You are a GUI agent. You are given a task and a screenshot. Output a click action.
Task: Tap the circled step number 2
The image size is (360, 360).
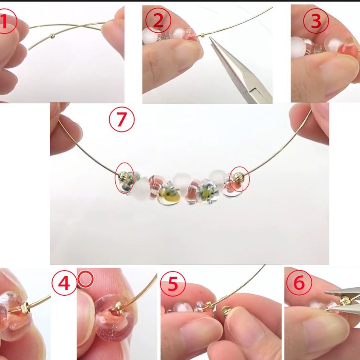pos(158,20)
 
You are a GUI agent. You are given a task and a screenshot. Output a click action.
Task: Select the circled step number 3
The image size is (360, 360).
pos(316,21)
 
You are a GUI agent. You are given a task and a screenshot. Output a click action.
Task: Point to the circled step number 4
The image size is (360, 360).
pos(64,283)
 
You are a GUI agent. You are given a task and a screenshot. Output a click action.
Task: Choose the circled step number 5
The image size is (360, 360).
pos(173,284)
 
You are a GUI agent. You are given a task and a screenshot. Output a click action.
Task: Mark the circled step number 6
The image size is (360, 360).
pos(299,283)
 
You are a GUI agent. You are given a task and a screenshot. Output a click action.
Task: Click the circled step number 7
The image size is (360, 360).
pos(122,120)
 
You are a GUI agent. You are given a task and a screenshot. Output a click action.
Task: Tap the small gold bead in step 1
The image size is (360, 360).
pos(53,36)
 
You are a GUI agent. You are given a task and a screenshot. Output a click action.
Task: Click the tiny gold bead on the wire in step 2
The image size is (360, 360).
pos(203,35)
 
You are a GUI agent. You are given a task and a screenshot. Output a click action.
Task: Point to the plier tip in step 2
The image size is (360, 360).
pos(210,38)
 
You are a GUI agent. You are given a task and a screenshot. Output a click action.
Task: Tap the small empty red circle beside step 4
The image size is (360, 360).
pos(86,279)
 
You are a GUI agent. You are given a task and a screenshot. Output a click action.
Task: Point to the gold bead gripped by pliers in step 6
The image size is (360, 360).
pos(345,300)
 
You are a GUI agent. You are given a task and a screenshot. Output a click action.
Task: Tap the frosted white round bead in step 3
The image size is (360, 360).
pos(298,48)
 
